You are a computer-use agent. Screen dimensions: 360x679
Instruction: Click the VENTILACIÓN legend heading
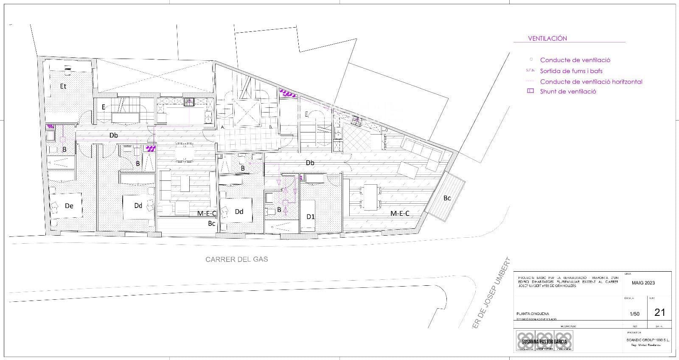tap(547, 38)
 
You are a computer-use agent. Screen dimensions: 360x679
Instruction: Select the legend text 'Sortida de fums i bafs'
tap(571, 71)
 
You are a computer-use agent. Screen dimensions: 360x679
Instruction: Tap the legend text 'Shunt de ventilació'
tap(568, 91)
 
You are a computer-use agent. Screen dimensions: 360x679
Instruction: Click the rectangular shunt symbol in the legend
tap(530, 91)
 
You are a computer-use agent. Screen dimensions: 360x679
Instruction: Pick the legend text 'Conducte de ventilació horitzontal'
tap(591, 82)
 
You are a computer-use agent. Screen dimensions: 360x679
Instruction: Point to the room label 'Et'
tap(63, 86)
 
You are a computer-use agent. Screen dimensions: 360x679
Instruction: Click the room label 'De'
tap(69, 206)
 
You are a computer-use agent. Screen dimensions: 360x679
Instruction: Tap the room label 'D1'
tap(311, 217)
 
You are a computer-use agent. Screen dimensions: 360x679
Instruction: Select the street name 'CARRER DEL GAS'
tap(236, 259)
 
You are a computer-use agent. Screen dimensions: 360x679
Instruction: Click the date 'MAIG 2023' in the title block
tap(643, 283)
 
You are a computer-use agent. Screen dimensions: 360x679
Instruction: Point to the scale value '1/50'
tap(634, 314)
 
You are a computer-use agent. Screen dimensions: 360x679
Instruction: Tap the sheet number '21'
tap(659, 312)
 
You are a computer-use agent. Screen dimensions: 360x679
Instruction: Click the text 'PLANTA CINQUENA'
tap(533, 314)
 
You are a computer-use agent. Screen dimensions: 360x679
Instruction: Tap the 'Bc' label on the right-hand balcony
tap(447, 198)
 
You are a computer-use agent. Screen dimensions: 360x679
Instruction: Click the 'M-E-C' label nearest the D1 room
tap(399, 214)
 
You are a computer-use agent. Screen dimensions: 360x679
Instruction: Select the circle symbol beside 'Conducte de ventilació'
tap(531, 59)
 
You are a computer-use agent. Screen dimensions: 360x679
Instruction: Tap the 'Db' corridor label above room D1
tap(310, 163)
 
